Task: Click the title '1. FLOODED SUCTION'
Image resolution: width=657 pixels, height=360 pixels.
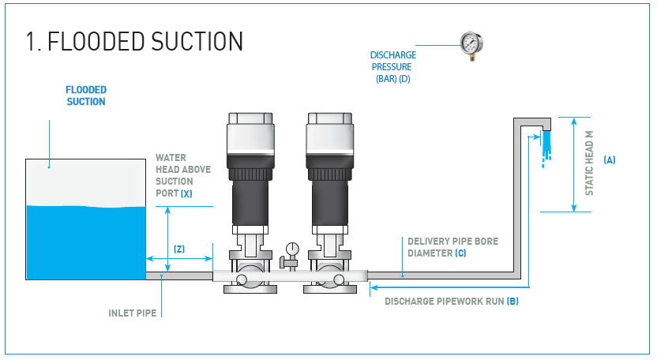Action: [133, 41]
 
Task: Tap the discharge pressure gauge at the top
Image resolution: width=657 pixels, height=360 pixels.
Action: [471, 44]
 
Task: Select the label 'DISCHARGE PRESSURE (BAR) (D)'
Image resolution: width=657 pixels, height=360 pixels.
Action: [393, 67]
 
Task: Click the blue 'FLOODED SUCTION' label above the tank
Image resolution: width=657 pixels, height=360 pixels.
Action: [86, 96]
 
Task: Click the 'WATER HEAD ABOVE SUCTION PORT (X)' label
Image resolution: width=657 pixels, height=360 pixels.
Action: [183, 175]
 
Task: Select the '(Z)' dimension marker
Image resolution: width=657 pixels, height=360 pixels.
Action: [179, 249]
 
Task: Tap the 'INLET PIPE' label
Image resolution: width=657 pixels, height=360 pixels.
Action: [132, 313]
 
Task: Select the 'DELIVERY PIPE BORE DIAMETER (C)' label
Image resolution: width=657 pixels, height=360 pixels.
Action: [452, 247]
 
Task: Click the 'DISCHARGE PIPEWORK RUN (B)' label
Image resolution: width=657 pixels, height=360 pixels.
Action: [451, 302]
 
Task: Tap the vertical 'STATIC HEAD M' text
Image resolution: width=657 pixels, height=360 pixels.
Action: [589, 164]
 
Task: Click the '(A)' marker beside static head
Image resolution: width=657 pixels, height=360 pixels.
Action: [609, 160]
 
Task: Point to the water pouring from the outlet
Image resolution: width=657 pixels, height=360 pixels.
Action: [545, 146]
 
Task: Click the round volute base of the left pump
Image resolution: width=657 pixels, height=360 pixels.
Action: [250, 279]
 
